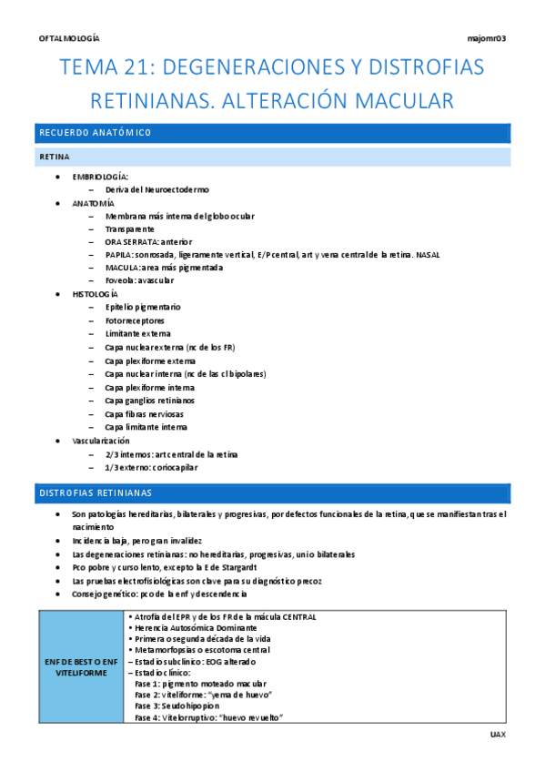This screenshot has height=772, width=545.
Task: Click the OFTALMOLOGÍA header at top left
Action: (x=70, y=38)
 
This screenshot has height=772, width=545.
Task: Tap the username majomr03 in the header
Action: (x=486, y=38)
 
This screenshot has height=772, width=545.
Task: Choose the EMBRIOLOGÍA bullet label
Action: (x=100, y=176)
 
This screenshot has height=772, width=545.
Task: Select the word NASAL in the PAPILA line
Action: (x=428, y=255)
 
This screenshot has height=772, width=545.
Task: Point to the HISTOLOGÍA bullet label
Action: (x=96, y=295)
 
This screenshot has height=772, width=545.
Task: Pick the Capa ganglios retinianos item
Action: (x=149, y=400)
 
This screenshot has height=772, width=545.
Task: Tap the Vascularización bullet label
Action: (x=101, y=440)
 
